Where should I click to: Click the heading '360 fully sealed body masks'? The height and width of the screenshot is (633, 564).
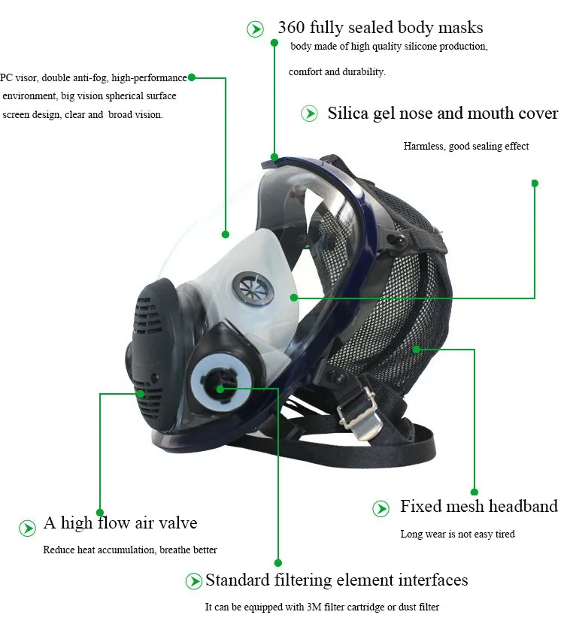coord(380,28)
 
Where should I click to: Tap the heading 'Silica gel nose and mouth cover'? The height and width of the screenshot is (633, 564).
coord(442,114)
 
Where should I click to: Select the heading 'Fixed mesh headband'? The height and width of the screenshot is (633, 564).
coord(478,506)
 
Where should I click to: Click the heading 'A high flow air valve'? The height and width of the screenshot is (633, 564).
coord(120,523)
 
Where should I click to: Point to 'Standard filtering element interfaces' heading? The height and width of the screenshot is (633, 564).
coord(336,580)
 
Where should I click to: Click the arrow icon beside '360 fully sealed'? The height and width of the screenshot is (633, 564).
coord(256,29)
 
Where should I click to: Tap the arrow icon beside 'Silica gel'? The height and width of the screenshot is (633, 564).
coord(309,114)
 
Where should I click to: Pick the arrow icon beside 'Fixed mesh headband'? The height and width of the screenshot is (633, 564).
coord(381,509)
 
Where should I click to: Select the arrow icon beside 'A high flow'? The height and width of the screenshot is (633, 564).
coord(27,527)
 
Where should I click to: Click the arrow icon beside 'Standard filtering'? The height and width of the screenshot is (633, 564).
coord(194,581)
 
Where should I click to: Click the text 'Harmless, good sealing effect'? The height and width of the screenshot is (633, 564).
coord(465,147)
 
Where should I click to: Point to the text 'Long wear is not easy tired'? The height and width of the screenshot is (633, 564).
coord(457,535)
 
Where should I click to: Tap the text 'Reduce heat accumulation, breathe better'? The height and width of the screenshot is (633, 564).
coord(130,550)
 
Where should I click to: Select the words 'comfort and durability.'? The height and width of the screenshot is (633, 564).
coord(337,72)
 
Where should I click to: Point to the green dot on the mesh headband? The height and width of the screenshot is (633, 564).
coord(415,348)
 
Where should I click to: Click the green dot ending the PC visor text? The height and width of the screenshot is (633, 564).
coord(192,77)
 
